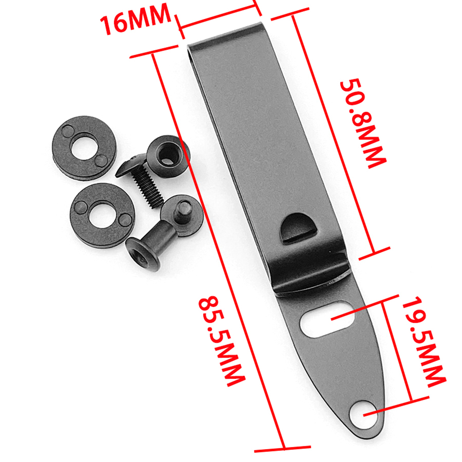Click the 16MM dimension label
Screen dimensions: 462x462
pyautogui.click(x=136, y=20)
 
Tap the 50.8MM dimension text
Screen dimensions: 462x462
pyautogui.click(x=363, y=123)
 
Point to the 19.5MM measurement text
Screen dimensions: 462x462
pyautogui.click(x=423, y=341)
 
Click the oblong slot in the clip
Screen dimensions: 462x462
pyautogui.click(x=327, y=319)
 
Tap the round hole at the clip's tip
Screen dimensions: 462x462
pyautogui.click(x=363, y=415)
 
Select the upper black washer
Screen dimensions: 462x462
pyautogui.click(x=84, y=148)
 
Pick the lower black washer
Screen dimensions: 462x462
pyautogui.click(x=103, y=215)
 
